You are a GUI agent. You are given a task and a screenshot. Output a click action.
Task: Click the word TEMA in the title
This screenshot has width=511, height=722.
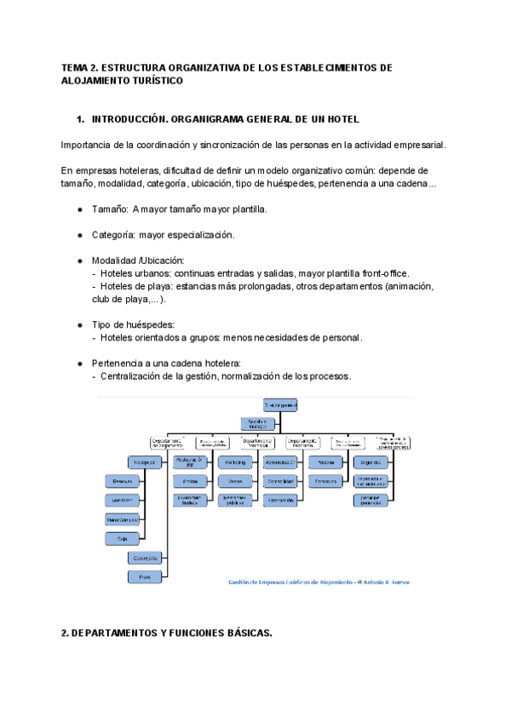click(x=74, y=67)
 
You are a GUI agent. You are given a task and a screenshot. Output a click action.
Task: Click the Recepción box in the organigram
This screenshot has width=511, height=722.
click(x=146, y=461)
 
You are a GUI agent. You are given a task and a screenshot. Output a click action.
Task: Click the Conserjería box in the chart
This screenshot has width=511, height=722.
click(x=146, y=558)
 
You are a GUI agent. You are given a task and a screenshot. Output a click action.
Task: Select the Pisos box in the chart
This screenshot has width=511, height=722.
click(x=146, y=576)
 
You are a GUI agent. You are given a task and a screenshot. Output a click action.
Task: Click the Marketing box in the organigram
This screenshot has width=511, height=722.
click(x=236, y=461)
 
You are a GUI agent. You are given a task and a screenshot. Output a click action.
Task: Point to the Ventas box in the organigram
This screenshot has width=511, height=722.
click(x=236, y=481)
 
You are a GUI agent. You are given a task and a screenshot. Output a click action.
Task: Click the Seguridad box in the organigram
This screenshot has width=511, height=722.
click(x=370, y=461)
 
